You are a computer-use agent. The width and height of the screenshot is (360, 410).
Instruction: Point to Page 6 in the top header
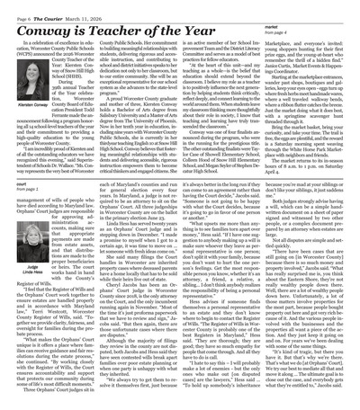pos(19,7)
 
